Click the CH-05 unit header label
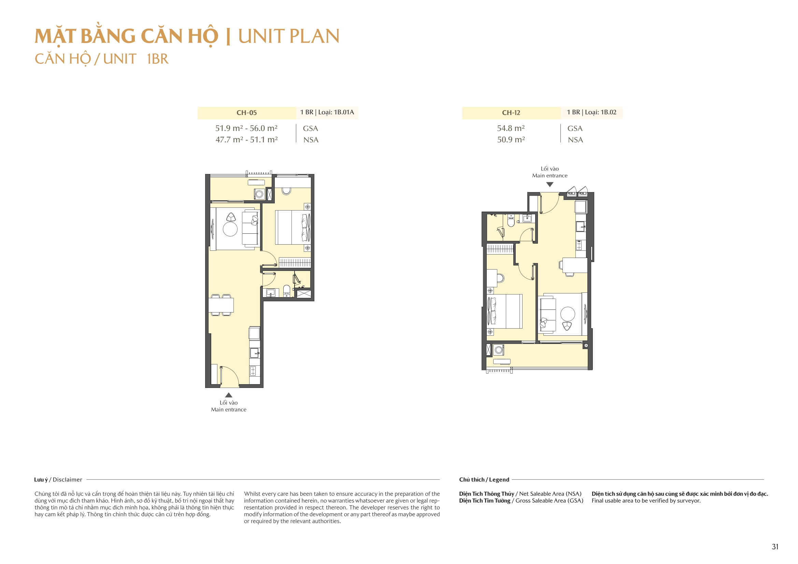coord(246,113)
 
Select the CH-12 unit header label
coord(511,113)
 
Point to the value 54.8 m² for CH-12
coord(511,128)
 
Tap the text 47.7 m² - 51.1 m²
coord(246,140)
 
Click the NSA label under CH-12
coord(575,140)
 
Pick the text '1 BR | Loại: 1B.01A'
coord(327,112)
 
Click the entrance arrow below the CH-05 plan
coord(228,395)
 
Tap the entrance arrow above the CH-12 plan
coord(550,185)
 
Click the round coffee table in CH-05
coord(230,229)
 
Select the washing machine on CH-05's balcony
coord(259,194)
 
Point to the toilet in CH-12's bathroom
coord(511,221)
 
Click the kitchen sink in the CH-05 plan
coord(254,353)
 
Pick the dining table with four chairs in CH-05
coord(221,305)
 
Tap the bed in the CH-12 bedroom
coord(505,311)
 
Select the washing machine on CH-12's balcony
coord(499,350)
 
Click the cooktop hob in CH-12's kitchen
coord(579,245)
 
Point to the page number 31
coord(775,547)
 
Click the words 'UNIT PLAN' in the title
coord(288,36)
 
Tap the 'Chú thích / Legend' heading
coord(484,480)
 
